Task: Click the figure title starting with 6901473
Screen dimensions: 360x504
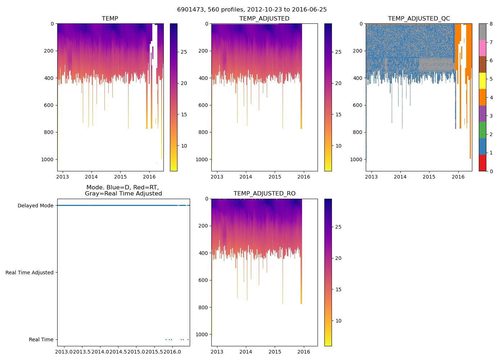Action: point(252,10)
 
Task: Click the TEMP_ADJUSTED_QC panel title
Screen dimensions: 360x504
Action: point(419,19)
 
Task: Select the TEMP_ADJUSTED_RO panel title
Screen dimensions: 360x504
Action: point(264,194)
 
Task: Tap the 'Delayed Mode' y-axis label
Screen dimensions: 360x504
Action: point(35,206)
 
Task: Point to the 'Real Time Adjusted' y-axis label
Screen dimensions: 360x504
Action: point(30,273)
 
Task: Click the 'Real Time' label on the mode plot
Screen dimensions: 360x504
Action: point(41,339)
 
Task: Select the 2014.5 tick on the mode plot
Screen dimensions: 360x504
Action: point(118,351)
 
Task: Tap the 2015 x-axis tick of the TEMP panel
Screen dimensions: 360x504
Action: point(120,177)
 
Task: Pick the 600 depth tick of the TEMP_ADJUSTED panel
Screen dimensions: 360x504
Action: point(203,105)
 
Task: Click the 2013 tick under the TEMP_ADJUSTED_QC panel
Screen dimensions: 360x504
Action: point(371,177)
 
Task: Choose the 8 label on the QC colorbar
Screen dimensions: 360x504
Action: point(491,24)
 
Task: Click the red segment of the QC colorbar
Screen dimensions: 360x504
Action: point(482,163)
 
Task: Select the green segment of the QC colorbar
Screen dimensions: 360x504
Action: point(482,130)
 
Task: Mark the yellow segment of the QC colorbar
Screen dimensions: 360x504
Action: point(482,81)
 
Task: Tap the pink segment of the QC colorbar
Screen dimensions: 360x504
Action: point(482,48)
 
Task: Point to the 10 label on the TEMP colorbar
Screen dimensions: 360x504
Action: point(184,146)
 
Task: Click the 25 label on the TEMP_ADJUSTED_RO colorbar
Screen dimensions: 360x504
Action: point(338,227)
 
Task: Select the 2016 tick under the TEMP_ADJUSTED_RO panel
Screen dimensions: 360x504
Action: point(304,352)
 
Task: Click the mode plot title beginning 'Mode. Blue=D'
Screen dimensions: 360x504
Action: point(123,190)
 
